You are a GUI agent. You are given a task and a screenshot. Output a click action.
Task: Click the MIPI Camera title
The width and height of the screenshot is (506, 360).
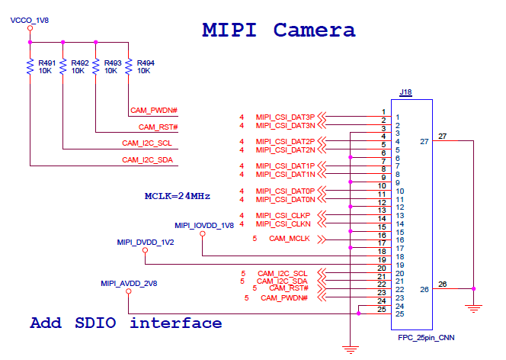[278, 31]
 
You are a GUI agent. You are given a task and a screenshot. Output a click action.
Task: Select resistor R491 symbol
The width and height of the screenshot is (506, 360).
[30, 67]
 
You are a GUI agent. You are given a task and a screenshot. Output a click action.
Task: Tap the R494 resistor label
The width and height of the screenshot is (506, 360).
[146, 63]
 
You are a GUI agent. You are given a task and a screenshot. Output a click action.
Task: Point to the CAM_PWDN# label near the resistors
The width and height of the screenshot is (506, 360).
[154, 111]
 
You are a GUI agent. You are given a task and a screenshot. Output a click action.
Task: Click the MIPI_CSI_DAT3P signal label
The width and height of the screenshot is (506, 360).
[285, 117]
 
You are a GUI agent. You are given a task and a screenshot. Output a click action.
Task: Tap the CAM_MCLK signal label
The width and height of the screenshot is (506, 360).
[290, 239]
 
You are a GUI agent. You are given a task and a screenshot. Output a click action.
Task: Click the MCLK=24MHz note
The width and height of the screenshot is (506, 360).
[178, 196]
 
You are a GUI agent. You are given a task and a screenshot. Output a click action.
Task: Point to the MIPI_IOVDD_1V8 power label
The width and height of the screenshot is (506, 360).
[203, 226]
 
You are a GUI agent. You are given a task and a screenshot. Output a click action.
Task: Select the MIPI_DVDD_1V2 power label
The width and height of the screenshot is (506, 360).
[146, 242]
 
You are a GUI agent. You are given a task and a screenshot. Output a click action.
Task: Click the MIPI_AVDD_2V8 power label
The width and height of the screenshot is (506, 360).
[129, 283]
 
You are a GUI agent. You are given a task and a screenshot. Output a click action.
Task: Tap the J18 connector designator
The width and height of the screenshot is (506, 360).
[405, 93]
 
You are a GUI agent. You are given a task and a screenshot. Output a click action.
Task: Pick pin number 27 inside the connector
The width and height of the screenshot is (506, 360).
[424, 141]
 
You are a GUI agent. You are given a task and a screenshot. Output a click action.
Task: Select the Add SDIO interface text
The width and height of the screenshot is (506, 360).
[126, 323]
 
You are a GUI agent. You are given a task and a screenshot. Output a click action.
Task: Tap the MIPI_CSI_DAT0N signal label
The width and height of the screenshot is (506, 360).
[285, 199]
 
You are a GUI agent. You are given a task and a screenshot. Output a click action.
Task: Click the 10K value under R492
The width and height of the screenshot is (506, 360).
[78, 70]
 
